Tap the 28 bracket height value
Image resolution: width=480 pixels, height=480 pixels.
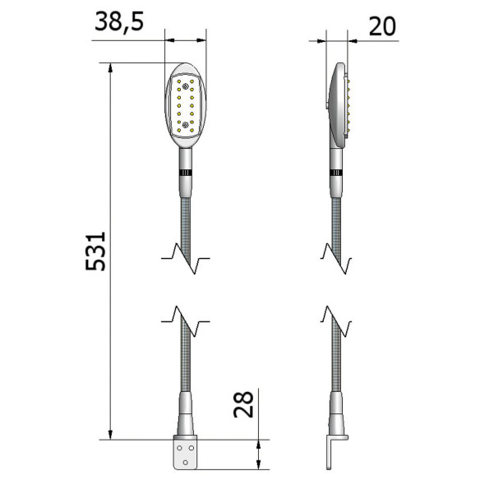244,404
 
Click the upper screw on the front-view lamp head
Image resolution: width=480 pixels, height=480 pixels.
187,85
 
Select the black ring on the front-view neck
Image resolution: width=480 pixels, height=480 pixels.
186,172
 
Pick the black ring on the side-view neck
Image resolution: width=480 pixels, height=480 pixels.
336,172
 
